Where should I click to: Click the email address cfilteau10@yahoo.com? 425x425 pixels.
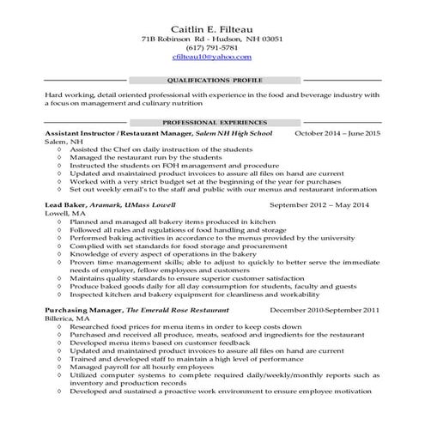coord(211,57)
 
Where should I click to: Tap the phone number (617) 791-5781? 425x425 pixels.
coord(211,48)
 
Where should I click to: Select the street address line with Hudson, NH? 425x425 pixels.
coord(211,39)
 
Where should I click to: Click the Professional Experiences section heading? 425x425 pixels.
coord(211,123)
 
